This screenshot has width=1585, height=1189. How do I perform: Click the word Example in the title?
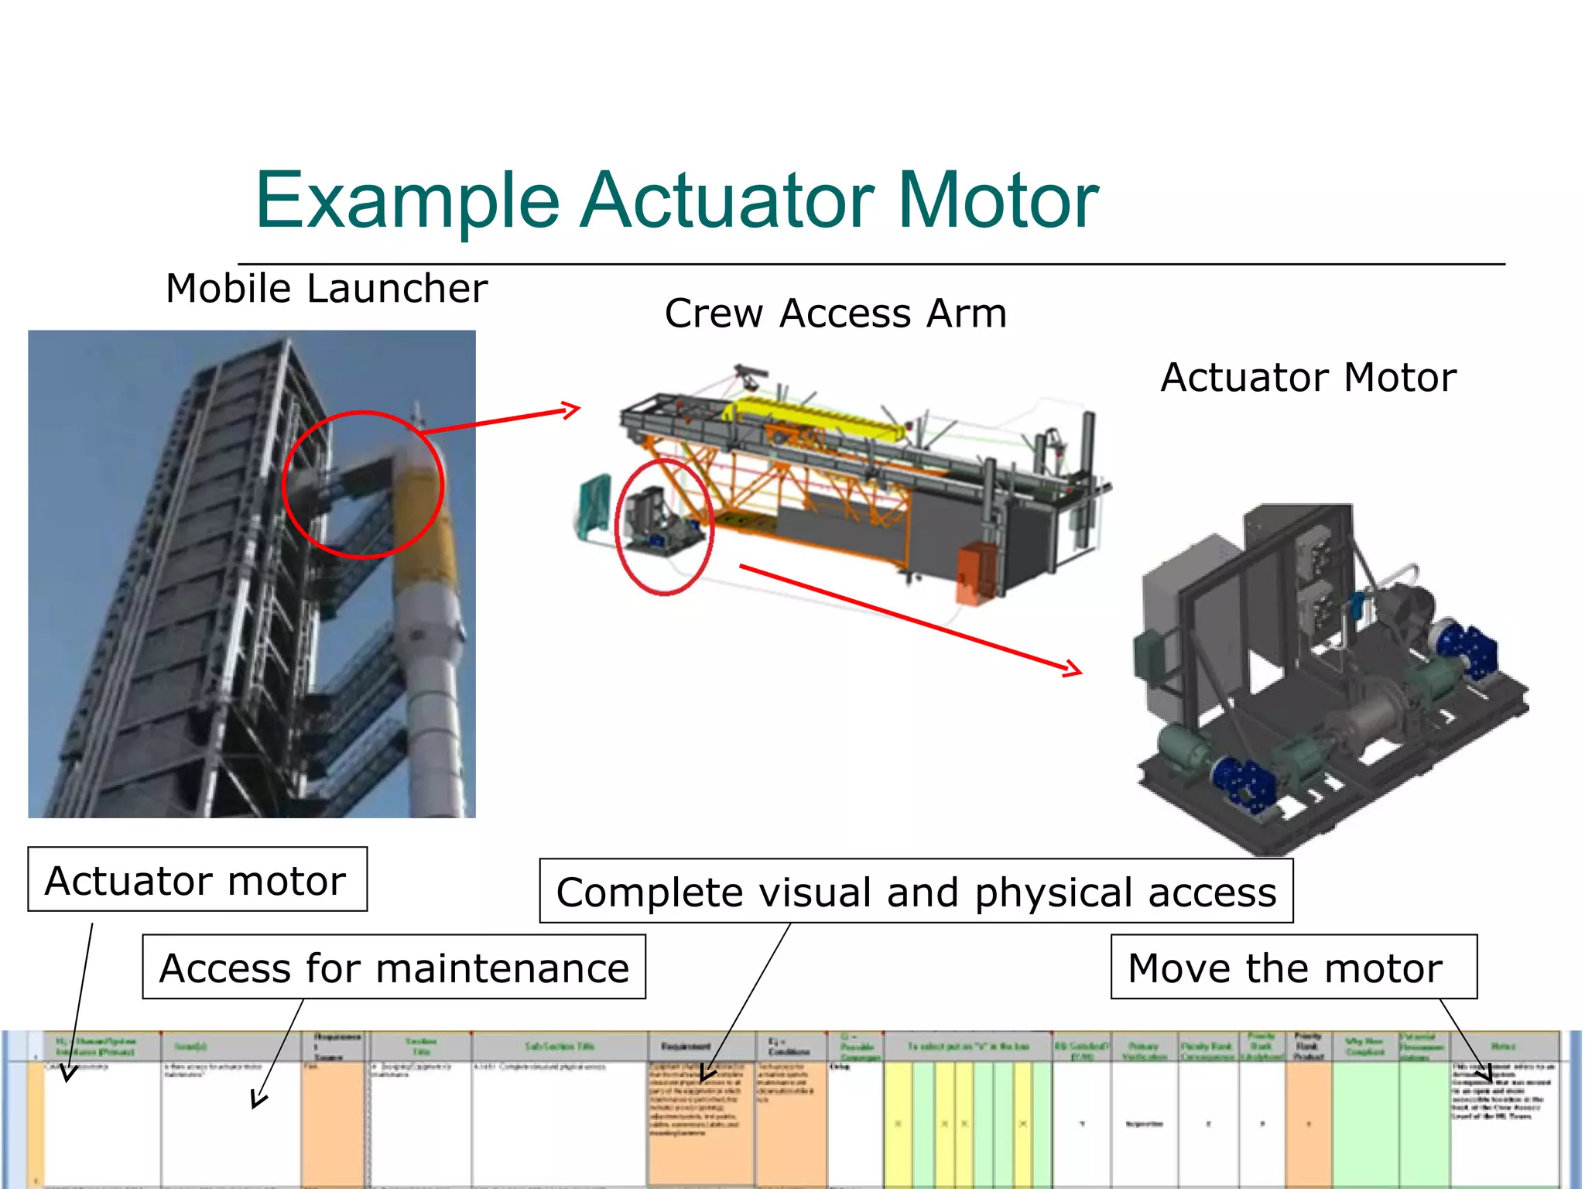(x=406, y=201)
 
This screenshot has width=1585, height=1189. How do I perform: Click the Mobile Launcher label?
(x=327, y=289)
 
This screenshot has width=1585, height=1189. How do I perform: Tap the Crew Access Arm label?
(x=835, y=314)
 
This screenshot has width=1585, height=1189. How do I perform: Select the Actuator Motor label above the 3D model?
(x=1308, y=378)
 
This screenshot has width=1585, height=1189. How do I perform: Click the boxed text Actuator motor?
(x=197, y=880)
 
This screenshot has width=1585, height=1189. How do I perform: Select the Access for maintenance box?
(x=393, y=968)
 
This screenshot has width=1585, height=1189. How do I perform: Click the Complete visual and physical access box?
(x=916, y=892)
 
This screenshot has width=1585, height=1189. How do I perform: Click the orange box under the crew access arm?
(x=974, y=573)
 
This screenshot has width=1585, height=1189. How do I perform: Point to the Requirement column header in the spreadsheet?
(x=685, y=1047)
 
